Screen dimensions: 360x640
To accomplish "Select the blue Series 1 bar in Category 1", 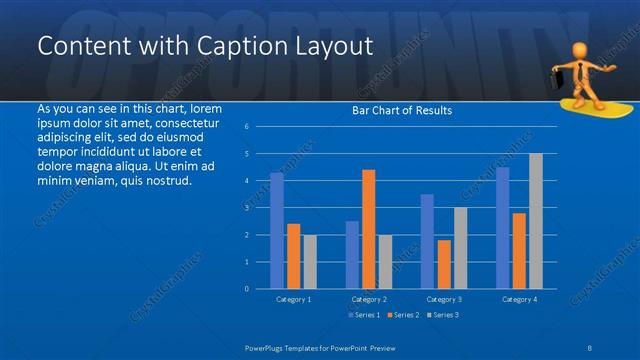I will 277,231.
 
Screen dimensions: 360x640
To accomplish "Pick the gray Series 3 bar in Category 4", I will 536,221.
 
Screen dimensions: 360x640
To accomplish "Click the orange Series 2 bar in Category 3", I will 444,264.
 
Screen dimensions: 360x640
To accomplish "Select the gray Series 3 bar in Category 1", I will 310,261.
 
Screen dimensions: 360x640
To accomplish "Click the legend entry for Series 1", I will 364,315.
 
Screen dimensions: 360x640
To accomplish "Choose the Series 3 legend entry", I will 443,315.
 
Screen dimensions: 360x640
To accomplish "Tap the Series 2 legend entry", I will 403,315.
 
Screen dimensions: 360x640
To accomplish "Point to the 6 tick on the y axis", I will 247,126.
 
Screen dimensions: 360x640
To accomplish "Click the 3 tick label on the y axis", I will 247,208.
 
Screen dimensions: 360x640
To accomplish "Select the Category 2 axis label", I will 369,299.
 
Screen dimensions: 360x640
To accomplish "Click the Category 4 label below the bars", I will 519,299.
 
